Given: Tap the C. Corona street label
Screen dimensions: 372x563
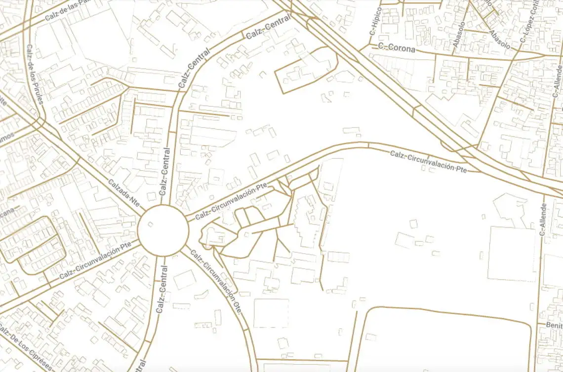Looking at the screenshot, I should point(397,48).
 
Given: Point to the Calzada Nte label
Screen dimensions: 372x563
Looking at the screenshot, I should point(124,192).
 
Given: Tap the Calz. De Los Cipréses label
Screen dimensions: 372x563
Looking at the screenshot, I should point(25,348).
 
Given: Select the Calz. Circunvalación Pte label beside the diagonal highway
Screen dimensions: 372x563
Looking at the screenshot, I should point(428,161).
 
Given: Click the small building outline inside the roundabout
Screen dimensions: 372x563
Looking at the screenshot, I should point(150,225).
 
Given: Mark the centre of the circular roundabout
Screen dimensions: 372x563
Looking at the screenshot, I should point(163,231).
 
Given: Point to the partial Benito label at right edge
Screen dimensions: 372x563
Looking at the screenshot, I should point(554,325).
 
